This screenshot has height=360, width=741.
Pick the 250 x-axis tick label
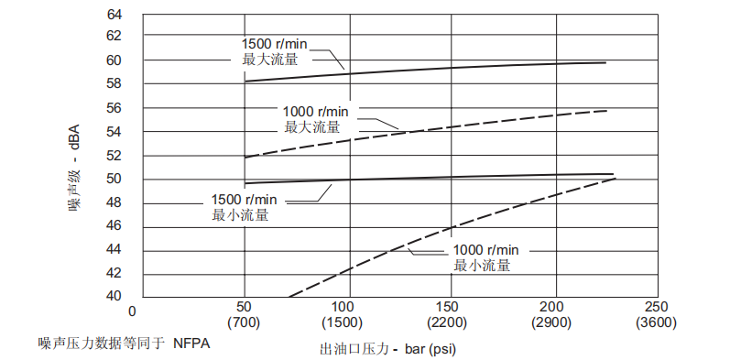(657, 307)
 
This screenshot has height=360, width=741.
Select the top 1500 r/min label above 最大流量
(274, 43)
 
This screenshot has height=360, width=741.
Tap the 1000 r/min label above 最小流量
(485, 250)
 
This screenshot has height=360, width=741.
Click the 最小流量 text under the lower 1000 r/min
(481, 266)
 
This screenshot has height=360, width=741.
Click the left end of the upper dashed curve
(245, 158)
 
